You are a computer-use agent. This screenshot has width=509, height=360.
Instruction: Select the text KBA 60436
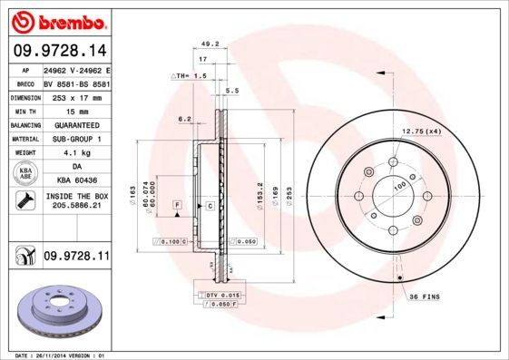point(75,182)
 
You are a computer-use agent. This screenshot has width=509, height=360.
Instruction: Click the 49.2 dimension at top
point(210,43)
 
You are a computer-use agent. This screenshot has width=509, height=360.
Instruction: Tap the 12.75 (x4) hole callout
point(420,132)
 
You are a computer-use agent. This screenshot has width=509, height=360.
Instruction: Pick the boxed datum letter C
point(210,206)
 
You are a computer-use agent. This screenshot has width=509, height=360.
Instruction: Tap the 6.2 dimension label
point(184,119)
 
